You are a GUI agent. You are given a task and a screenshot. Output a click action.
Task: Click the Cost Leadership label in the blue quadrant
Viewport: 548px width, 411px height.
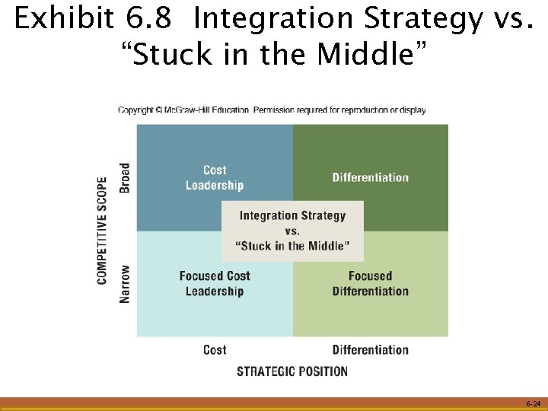215,177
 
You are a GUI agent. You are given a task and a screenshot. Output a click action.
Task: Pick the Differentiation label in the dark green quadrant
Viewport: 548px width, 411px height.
370,177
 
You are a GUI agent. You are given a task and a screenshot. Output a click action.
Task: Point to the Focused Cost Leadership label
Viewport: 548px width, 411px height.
215,283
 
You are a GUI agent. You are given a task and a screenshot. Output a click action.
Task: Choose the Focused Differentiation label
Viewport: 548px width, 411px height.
370,283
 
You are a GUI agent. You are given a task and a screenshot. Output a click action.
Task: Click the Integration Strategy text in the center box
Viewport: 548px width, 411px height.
292,215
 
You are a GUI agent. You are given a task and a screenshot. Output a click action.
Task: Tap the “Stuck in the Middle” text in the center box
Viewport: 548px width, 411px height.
292,246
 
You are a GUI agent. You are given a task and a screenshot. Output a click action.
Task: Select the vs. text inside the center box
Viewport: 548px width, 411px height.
292,231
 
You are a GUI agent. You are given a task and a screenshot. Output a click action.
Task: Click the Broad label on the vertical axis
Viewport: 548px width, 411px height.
125,177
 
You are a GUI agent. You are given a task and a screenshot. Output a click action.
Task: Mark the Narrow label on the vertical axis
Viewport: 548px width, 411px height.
125,283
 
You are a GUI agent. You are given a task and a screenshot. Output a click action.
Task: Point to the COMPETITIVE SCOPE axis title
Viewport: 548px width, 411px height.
103,231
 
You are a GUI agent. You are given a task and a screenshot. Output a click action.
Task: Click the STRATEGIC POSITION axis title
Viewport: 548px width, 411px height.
292,371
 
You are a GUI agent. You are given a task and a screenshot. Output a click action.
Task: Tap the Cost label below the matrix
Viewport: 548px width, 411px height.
215,350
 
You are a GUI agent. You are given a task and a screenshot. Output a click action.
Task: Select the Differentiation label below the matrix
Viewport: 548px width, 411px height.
370,350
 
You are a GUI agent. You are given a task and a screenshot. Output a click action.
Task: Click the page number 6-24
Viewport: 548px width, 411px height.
532,403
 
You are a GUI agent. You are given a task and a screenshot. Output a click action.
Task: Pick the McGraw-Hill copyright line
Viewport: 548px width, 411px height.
272,110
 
